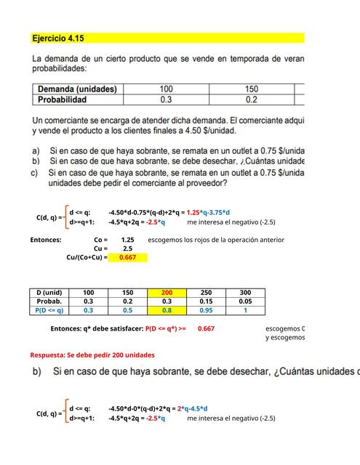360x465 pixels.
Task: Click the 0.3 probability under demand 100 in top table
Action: pos(166,100)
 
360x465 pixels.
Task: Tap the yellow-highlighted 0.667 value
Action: pos(127,256)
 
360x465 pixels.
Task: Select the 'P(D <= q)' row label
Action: pos(49,310)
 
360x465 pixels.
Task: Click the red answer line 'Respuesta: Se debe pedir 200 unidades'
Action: pos(92,355)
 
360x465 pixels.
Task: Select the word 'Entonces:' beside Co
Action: pos(46,239)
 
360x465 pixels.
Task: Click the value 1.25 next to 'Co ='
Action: pos(127,239)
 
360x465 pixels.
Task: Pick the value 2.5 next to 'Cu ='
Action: pos(127,248)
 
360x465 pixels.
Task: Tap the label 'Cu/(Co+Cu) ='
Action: pos(87,256)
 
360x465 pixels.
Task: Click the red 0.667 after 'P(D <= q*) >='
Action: pos(206,328)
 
